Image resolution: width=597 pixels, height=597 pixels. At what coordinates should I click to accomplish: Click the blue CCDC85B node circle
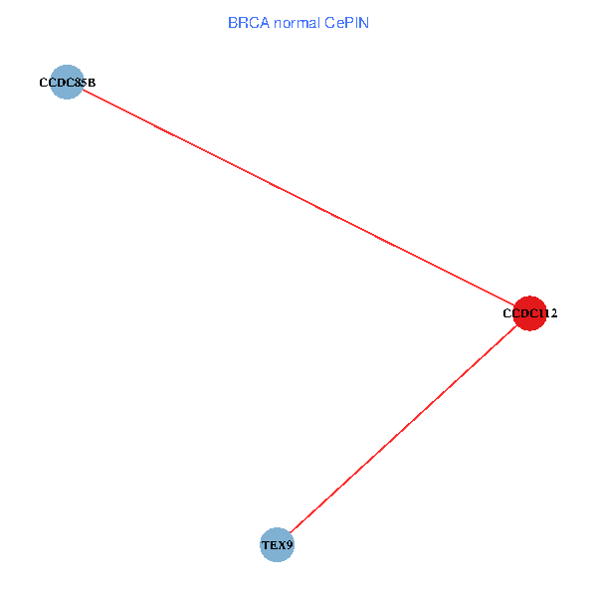tap(67, 83)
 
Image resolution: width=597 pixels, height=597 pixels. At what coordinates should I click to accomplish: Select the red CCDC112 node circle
tap(529, 312)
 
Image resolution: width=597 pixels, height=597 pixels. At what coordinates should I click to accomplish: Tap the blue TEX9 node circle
tap(277, 545)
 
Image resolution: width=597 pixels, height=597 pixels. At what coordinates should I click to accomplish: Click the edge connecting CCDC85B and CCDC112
tap(298, 198)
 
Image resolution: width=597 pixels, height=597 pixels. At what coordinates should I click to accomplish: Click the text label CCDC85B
tap(67, 83)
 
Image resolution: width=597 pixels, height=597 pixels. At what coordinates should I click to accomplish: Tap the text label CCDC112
tap(529, 313)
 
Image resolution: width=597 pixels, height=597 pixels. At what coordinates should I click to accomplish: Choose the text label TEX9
tap(277, 545)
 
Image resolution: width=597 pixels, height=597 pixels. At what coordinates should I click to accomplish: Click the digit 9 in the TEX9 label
tap(290, 545)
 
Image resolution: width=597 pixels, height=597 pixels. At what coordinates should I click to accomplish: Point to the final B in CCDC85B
tap(92, 83)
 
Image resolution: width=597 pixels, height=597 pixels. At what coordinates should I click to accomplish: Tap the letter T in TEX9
tap(265, 545)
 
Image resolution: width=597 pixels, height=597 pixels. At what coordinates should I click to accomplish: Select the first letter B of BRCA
tap(232, 22)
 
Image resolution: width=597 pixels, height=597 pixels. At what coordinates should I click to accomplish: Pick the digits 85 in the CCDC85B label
tap(81, 83)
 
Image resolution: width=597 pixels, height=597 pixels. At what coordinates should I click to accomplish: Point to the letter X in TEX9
tap(282, 545)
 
